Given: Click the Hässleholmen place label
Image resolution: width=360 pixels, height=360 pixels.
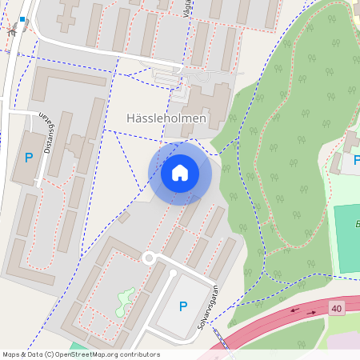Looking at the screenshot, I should (x=166, y=118).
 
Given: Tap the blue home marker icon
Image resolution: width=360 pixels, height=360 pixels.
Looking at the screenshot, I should (x=180, y=172).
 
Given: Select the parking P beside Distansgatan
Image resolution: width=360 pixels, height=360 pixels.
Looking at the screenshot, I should (x=29, y=158).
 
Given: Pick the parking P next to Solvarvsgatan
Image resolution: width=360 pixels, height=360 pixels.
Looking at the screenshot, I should (x=183, y=306).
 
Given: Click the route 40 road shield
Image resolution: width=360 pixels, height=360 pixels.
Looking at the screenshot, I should (x=336, y=308).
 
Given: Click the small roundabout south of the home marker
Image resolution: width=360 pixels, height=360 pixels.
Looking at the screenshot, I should (x=149, y=258).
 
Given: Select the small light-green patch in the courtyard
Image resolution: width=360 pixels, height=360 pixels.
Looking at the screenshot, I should (x=124, y=301).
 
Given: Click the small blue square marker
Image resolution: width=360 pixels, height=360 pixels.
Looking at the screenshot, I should (x=22, y=19).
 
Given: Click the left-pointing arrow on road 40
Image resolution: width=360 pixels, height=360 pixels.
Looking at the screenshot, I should (x=294, y=310).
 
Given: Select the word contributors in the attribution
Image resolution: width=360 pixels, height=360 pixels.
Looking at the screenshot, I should (x=141, y=354).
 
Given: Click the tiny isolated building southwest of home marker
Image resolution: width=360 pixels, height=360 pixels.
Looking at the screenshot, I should (x=123, y=217).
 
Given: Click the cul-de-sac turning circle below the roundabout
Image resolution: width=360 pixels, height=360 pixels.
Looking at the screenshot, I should (x=172, y=273).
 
